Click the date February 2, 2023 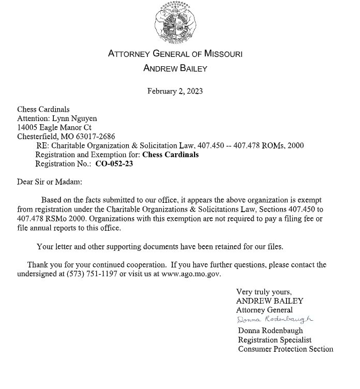(x=175, y=91)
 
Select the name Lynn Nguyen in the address (x=74, y=118)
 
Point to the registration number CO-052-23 (x=114, y=164)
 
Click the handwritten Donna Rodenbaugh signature (x=275, y=320)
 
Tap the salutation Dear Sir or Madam (x=50, y=182)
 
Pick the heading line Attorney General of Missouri (x=175, y=54)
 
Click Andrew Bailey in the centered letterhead (x=175, y=68)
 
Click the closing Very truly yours (x=264, y=292)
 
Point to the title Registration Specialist (x=275, y=340)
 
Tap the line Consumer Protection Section (x=286, y=349)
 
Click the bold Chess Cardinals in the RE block (x=171, y=155)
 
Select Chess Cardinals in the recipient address (x=43, y=109)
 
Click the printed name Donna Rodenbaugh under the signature (x=271, y=331)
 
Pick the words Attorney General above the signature (x=264, y=310)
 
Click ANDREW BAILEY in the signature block (x=269, y=301)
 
